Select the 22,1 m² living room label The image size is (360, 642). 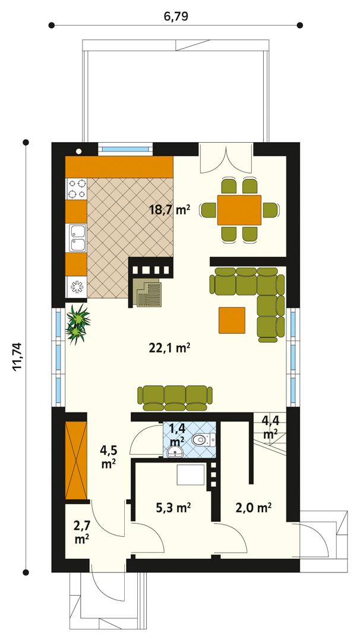[x=169, y=348]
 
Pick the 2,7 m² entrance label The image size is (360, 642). [x=81, y=531]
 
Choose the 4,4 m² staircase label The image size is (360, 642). [x=270, y=427]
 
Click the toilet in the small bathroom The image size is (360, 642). [x=203, y=440]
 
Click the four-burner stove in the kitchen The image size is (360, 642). [x=76, y=188]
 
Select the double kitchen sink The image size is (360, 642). [x=76, y=238]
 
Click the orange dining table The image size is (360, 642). [x=239, y=209]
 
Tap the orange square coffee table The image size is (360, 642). [x=232, y=320]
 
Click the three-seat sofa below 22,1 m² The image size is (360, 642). [x=174, y=396]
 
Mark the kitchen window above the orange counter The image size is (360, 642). [x=124, y=149]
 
